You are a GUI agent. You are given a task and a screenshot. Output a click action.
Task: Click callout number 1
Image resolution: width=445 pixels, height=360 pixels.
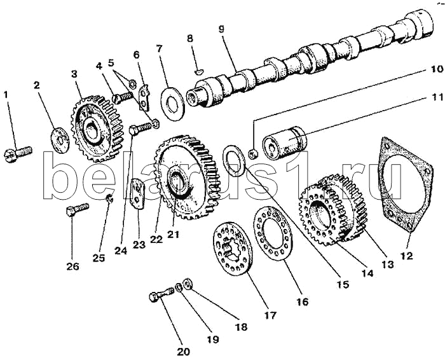[6, 95]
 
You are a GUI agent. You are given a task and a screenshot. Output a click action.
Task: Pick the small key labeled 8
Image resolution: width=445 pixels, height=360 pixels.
[198, 72]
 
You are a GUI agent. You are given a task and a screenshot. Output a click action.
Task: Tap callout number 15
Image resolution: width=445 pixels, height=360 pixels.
[343, 285]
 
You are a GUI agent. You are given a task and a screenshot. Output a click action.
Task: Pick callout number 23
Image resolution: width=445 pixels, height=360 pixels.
[139, 245]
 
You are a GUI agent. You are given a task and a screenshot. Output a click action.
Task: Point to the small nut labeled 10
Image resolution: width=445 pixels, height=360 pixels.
[253, 153]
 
